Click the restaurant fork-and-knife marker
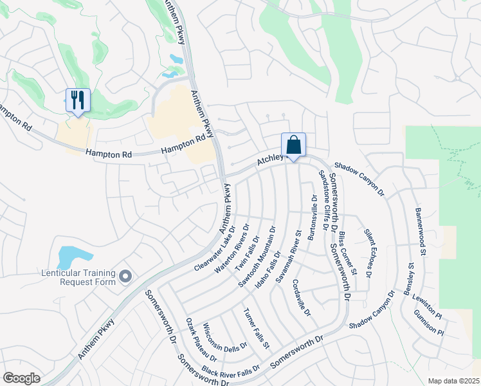click(78, 100)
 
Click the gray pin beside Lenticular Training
click(125, 277)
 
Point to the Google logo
click(21, 378)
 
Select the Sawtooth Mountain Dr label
click(257, 256)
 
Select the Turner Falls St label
click(255, 329)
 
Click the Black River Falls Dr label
click(231, 370)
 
